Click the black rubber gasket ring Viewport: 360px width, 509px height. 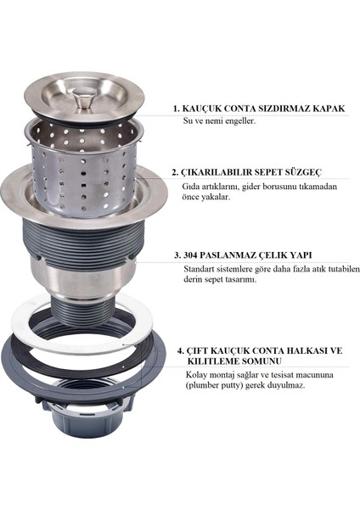(34, 361)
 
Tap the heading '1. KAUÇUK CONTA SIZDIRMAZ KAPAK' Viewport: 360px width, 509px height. (263, 109)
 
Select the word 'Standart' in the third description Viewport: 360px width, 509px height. (203, 269)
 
